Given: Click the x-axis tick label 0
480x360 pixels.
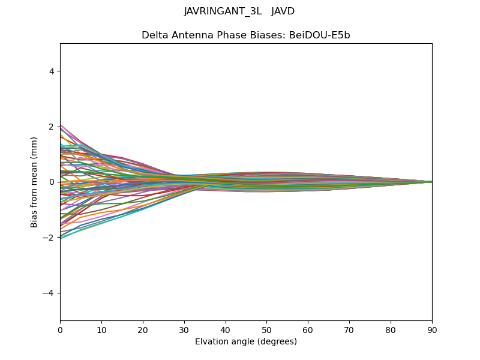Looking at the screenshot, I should [x=60, y=329].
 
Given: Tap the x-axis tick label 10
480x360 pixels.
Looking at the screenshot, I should [x=101, y=329].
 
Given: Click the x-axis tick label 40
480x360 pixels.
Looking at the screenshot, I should [x=226, y=329].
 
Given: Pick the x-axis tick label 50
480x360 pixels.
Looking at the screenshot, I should [x=266, y=329].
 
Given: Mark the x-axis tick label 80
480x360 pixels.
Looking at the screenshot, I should [x=391, y=329].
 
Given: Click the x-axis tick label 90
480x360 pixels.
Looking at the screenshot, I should [x=432, y=329].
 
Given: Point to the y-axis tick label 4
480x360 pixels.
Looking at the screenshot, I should [x=52, y=71].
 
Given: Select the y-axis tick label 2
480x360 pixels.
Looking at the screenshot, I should [x=52, y=127].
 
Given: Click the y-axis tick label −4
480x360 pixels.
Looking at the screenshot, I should [x=50, y=293].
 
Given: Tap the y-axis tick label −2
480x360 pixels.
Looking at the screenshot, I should [x=50, y=238].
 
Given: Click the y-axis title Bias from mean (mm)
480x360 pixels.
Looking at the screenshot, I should [x=35, y=182].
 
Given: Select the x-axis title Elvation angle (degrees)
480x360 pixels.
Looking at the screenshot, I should [x=246, y=341].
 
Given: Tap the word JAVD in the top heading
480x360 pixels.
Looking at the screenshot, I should [x=283, y=11].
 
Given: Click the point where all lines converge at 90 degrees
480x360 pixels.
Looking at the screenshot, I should [x=432, y=182].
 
